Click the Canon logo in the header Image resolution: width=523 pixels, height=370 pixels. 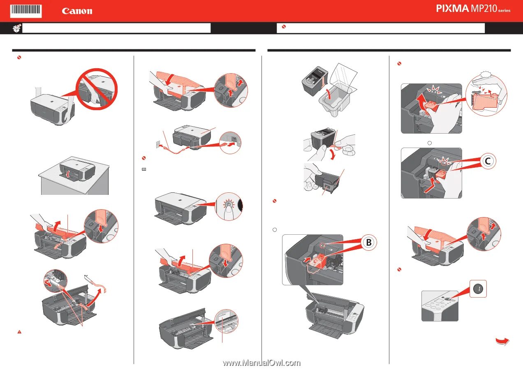tap(77, 11)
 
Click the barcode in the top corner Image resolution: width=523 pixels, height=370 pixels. tap(26, 11)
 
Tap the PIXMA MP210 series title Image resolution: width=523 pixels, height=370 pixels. tap(473, 9)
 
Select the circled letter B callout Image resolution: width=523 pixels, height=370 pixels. tap(369, 242)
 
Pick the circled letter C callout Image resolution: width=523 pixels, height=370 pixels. tap(488, 161)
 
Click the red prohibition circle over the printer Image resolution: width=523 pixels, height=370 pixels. tap(97, 89)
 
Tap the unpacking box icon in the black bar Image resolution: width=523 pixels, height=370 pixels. tap(17, 28)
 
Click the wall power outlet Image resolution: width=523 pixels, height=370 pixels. tap(158, 144)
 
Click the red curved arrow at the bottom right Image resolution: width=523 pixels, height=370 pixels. tap(502, 341)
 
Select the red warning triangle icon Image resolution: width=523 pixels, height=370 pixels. tap(19, 332)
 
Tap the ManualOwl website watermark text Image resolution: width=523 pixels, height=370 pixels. tap(261, 363)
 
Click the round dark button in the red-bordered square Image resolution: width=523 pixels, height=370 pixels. tap(478, 289)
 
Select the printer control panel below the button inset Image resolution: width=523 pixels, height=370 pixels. tap(440, 306)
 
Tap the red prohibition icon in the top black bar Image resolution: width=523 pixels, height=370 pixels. tap(284, 27)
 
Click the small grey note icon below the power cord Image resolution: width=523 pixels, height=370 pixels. tap(144, 169)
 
